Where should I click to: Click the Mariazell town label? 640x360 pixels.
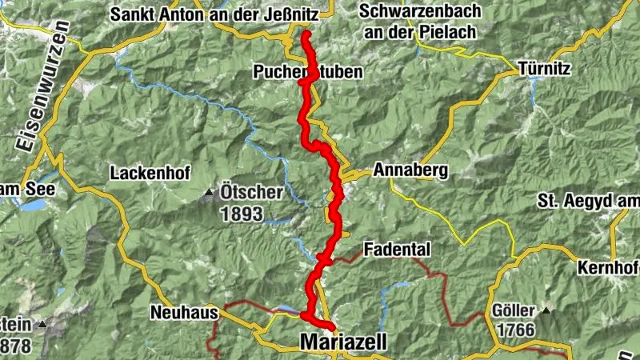[342, 342]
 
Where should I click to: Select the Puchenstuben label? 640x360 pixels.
[308, 72]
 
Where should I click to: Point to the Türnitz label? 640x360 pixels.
[544, 69]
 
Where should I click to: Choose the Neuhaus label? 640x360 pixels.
[178, 313]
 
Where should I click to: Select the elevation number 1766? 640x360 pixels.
[515, 330]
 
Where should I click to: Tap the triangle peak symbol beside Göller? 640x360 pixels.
[546, 310]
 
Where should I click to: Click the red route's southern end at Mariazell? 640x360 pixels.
[330, 326]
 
